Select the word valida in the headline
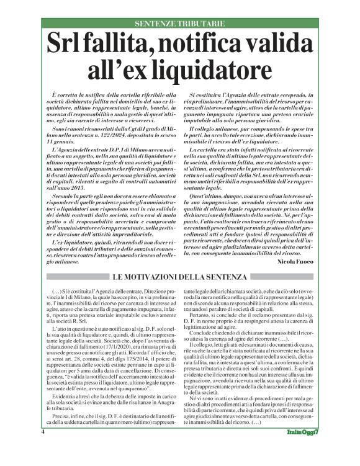279,46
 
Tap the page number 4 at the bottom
43,448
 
